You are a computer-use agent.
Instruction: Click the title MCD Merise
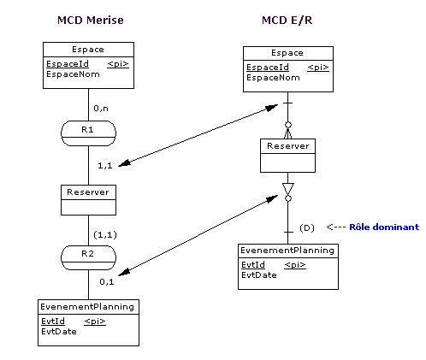tap(91, 21)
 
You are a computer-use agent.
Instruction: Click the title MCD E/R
tap(287, 21)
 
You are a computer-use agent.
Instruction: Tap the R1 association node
tap(88, 133)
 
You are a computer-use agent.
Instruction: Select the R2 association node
tap(88, 257)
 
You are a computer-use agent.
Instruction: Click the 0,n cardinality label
tap(101, 109)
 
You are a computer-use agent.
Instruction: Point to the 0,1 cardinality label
tap(107, 282)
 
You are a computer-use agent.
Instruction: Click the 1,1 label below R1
tap(105, 166)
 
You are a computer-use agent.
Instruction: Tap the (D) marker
tap(307, 227)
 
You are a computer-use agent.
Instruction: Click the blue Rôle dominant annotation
tap(373, 227)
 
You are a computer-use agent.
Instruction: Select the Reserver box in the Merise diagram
tap(88, 200)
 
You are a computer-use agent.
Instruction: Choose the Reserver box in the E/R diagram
tap(287, 156)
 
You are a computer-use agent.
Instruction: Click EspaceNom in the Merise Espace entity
tap(73, 74)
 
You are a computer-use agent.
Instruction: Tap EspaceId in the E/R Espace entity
tap(268, 68)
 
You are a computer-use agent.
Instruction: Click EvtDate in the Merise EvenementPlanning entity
tap(59, 332)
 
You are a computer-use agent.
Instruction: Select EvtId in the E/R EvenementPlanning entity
tap(253, 265)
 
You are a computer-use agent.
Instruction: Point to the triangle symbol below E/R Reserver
tap(288, 189)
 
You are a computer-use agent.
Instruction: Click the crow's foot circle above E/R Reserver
tap(288, 125)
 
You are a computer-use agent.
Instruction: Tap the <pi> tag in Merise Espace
tap(118, 64)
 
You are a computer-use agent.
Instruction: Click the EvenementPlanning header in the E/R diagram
tap(287, 251)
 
